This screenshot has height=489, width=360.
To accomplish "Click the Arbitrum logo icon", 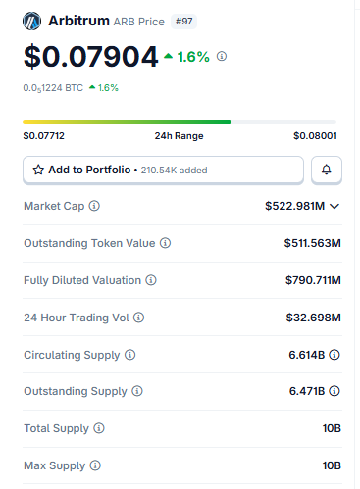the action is pyautogui.click(x=31, y=22).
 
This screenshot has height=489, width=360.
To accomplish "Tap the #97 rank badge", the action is pyautogui.click(x=183, y=22).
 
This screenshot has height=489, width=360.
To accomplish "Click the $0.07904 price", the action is pyautogui.click(x=91, y=57).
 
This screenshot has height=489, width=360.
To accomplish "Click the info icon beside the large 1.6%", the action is pyautogui.click(x=222, y=56).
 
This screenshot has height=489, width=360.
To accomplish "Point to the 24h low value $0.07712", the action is pyautogui.click(x=44, y=135).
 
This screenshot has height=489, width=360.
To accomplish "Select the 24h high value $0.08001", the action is pyautogui.click(x=315, y=135).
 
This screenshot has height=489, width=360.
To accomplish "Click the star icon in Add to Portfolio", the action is pyautogui.click(x=38, y=170).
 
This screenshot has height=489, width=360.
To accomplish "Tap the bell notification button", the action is pyautogui.click(x=327, y=170).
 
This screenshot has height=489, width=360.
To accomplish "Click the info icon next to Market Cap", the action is pyautogui.click(x=94, y=206).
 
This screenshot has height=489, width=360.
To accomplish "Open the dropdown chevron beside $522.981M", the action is pyautogui.click(x=334, y=206).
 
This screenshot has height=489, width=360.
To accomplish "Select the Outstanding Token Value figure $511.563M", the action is pyautogui.click(x=312, y=243).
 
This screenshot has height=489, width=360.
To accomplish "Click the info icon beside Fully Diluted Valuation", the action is pyautogui.click(x=151, y=280).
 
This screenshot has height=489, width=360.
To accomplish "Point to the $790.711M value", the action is pyautogui.click(x=313, y=280).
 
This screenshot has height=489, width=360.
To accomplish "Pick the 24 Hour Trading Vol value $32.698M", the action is pyautogui.click(x=313, y=318).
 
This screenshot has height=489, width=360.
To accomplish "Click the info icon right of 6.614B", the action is pyautogui.click(x=334, y=355).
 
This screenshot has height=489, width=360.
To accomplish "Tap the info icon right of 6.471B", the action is pyautogui.click(x=334, y=391).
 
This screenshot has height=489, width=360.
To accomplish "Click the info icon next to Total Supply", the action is pyautogui.click(x=99, y=428).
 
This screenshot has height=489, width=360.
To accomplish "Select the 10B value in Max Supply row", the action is pyautogui.click(x=332, y=465).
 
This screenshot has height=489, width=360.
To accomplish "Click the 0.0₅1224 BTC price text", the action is pyautogui.click(x=53, y=88).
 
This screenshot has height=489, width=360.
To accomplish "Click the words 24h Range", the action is pyautogui.click(x=179, y=136).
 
